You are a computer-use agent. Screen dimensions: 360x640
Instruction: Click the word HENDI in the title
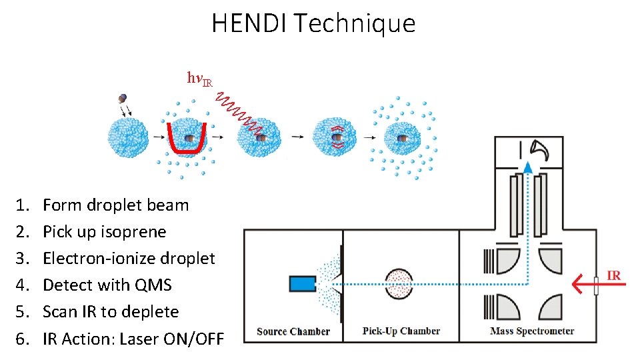(250, 23)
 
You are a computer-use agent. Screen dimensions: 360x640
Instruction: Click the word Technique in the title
(354, 24)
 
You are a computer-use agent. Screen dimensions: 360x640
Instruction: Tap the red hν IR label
(199, 79)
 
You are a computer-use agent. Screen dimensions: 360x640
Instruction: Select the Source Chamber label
(293, 331)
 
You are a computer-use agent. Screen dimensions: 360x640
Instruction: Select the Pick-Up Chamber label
(401, 331)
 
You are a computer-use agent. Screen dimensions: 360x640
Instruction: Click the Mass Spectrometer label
(531, 331)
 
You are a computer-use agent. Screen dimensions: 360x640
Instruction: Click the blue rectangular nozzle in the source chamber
(302, 283)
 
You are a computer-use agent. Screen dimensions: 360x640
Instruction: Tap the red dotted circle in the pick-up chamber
(399, 283)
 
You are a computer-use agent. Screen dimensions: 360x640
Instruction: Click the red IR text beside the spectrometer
(614, 274)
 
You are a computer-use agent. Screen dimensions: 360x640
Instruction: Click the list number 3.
(22, 259)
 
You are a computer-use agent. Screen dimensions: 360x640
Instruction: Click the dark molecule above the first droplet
(123, 98)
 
